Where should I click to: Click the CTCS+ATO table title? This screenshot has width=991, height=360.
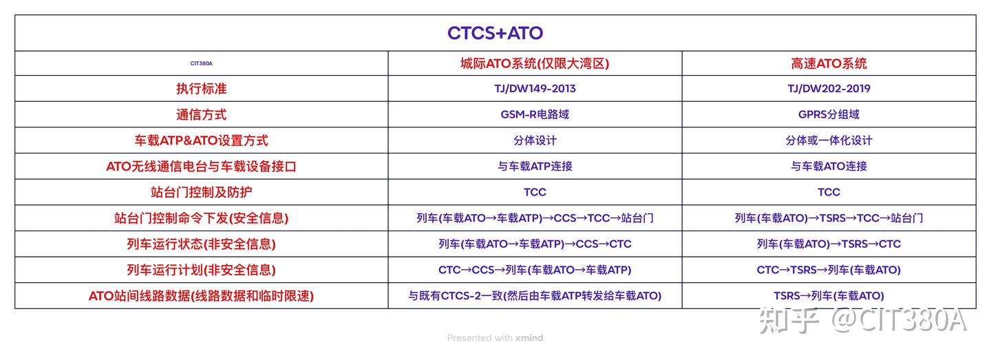pyautogui.click(x=495, y=33)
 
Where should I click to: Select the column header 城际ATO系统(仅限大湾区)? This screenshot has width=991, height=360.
pyautogui.click(x=535, y=63)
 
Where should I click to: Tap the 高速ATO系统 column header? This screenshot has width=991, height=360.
pyautogui.click(x=829, y=63)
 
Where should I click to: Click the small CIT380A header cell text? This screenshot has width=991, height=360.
pyautogui.click(x=201, y=63)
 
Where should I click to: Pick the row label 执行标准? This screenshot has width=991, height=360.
pyautogui.click(x=201, y=89)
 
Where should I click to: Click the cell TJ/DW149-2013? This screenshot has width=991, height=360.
pyautogui.click(x=535, y=89)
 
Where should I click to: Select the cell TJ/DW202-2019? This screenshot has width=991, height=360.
pyautogui.click(x=829, y=89)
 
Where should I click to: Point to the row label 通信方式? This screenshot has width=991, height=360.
pyautogui.click(x=201, y=115)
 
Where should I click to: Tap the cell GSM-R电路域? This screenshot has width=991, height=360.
pyautogui.click(x=535, y=115)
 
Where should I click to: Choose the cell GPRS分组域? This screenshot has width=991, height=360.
pyautogui.click(x=829, y=115)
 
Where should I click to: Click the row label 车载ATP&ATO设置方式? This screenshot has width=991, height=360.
pyautogui.click(x=201, y=140)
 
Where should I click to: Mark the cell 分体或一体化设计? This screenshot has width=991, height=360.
pyautogui.click(x=829, y=140)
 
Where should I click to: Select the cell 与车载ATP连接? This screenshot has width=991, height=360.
pyautogui.click(x=535, y=166)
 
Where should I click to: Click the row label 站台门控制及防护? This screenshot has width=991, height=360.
pyautogui.click(x=201, y=192)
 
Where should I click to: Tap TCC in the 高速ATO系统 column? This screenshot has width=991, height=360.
pyautogui.click(x=829, y=192)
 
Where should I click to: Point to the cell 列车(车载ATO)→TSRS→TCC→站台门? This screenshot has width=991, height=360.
pyautogui.click(x=829, y=218)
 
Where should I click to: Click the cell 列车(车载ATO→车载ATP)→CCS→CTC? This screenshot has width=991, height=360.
pyautogui.click(x=535, y=244)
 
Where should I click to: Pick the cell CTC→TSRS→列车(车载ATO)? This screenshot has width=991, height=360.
pyautogui.click(x=829, y=270)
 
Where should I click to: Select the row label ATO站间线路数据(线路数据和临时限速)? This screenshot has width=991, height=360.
pyautogui.click(x=201, y=296)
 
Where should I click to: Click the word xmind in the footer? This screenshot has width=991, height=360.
pyautogui.click(x=529, y=338)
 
